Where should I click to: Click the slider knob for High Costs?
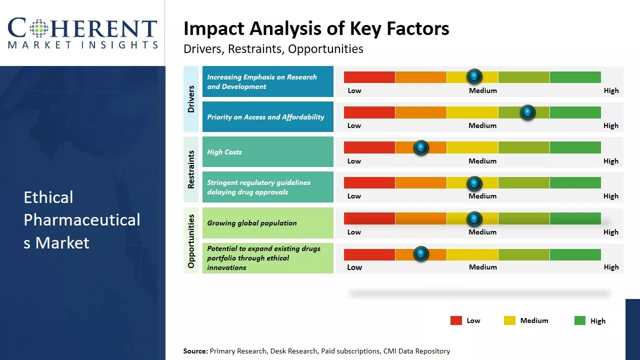point(421,147)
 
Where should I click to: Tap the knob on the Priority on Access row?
point(527,112)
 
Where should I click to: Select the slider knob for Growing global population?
point(474,219)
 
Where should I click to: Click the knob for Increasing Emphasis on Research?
point(474,76)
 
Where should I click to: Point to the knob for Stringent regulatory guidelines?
point(474,183)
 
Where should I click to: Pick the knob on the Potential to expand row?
point(421,254)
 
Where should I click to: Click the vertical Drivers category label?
point(191,99)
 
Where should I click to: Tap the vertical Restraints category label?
point(191,169)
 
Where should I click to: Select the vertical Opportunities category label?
point(191,240)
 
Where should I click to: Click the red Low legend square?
point(456,320)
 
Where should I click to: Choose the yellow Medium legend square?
point(509,320)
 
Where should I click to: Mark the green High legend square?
point(580,320)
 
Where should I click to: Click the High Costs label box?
point(267,152)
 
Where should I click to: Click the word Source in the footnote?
point(195,351)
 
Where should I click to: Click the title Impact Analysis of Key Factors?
point(316,28)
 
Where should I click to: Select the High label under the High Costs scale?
point(611,161)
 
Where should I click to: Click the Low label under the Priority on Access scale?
point(354,125)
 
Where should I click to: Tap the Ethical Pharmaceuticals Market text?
point(82,220)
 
